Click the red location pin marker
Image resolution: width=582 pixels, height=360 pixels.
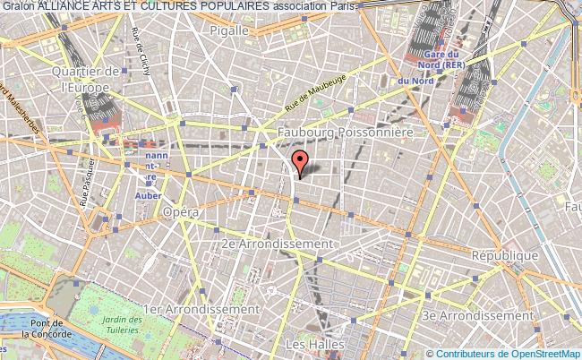point(300,162)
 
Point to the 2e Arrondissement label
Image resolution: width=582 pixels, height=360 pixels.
point(278,244)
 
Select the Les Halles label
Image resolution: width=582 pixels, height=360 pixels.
point(307,343)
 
